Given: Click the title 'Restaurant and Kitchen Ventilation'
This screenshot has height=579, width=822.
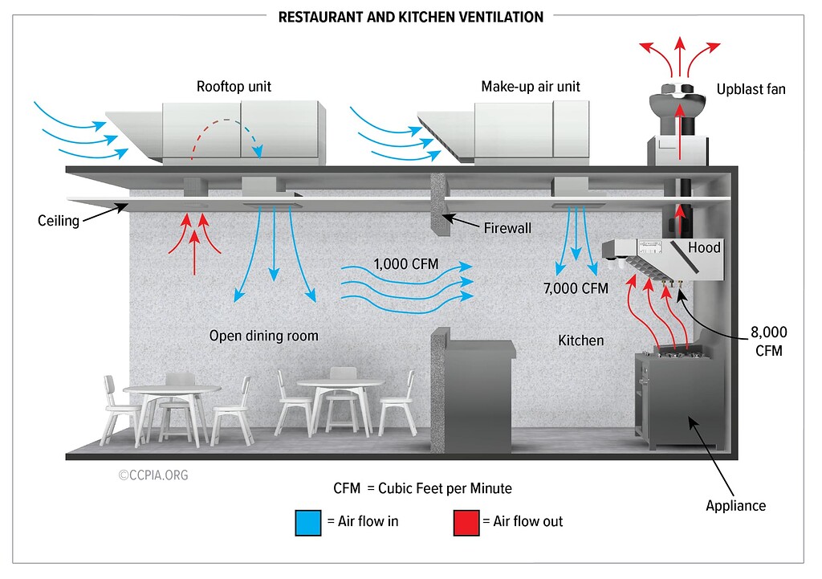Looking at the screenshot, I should [410, 16].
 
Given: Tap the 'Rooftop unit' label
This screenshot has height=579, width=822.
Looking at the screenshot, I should [234, 87].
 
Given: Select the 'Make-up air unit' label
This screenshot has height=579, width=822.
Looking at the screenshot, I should [531, 87].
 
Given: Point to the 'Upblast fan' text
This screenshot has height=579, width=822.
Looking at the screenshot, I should [751, 89].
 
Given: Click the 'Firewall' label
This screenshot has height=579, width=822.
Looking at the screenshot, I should [507, 228].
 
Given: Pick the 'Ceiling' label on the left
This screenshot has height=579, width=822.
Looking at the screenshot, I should [59, 220].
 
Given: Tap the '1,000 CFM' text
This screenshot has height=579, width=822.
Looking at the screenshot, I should [412, 264].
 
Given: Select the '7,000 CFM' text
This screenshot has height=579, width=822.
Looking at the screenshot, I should [575, 288].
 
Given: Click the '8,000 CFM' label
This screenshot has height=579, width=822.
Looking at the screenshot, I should [768, 340].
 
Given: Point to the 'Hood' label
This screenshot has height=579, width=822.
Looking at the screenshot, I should [704, 247].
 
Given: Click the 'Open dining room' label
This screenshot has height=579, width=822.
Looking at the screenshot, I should [264, 336].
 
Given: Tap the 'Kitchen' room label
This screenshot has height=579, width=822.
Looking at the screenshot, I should [580, 340].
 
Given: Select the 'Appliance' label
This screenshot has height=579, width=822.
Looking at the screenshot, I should [735, 506].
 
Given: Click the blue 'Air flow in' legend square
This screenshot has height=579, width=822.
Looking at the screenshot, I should [308, 522].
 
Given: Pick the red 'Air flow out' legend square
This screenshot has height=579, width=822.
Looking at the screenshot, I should [466, 522].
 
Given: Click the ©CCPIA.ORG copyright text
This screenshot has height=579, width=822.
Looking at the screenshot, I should [153, 475].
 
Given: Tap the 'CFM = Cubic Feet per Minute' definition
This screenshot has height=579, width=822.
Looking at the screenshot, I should [422, 488].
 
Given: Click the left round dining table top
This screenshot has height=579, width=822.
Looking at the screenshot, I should [172, 389].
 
